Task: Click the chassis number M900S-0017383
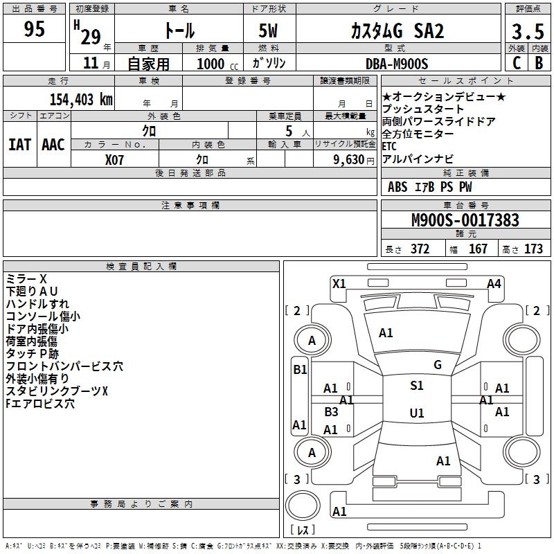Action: pos(465,221)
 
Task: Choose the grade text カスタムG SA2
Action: pos(396,31)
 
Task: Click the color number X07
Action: pos(115,159)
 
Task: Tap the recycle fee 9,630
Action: pos(350,159)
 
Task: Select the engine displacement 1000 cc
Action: pos(212,64)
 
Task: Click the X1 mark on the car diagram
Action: pos(339,283)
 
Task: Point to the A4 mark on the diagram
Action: pos(494,283)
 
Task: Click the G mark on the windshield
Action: pos(437,365)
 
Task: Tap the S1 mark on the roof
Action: pos(417,386)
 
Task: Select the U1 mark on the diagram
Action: pos(417,413)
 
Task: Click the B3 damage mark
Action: pos(331,412)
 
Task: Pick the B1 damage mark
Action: pos(300,370)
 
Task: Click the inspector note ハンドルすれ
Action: pos(37,303)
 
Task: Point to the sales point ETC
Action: pos(390,146)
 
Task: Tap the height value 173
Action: pos(533,249)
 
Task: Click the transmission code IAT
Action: pos(19,144)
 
